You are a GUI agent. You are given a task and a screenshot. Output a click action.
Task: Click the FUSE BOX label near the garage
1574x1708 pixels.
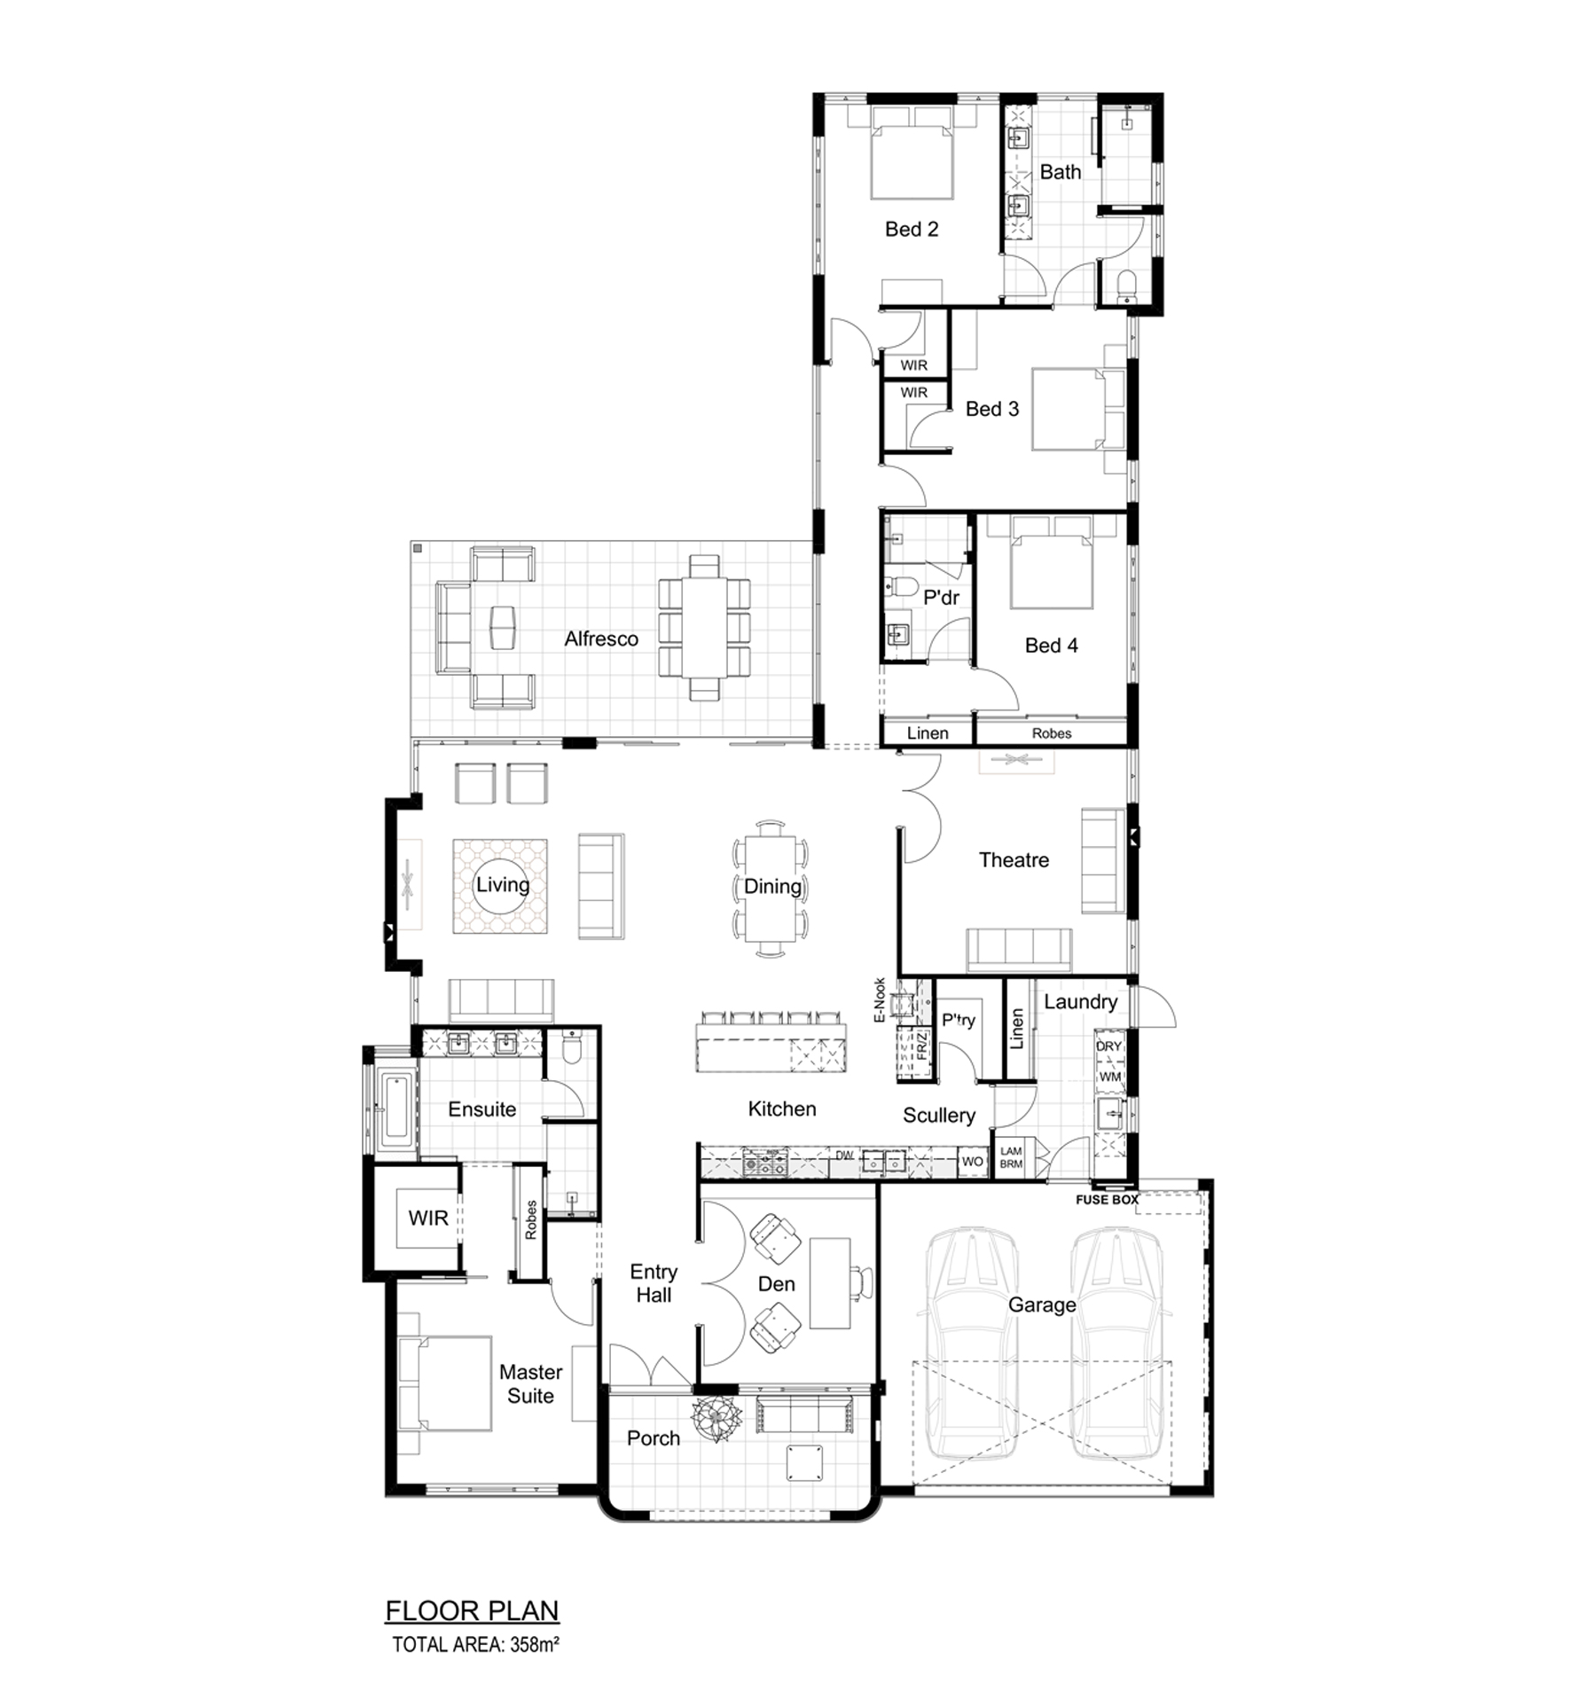click(x=1107, y=1200)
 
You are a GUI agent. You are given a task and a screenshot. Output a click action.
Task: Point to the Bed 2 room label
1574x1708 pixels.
click(x=911, y=229)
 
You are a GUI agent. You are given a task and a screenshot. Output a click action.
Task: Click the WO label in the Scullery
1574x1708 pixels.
click(x=972, y=1162)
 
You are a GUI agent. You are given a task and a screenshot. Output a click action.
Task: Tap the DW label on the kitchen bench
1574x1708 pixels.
click(x=844, y=1156)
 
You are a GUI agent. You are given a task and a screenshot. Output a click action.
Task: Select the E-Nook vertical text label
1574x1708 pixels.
click(x=880, y=1000)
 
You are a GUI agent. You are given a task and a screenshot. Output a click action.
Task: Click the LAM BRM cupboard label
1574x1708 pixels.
click(x=1011, y=1158)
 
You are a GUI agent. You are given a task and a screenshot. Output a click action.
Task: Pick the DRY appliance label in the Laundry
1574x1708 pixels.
click(x=1108, y=1046)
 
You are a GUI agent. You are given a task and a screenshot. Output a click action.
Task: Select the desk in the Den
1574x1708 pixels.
click(x=830, y=1283)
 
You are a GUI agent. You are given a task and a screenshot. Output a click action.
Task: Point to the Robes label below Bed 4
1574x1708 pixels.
click(x=1051, y=733)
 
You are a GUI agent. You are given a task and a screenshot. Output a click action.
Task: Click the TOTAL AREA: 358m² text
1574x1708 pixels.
click(x=475, y=1645)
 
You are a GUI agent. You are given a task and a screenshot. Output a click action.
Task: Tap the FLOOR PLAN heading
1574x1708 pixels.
click(x=472, y=1610)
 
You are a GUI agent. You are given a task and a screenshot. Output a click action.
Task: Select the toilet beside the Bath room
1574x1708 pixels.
click(x=1127, y=286)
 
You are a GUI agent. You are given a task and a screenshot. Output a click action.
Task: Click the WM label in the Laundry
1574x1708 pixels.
click(x=1109, y=1077)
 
